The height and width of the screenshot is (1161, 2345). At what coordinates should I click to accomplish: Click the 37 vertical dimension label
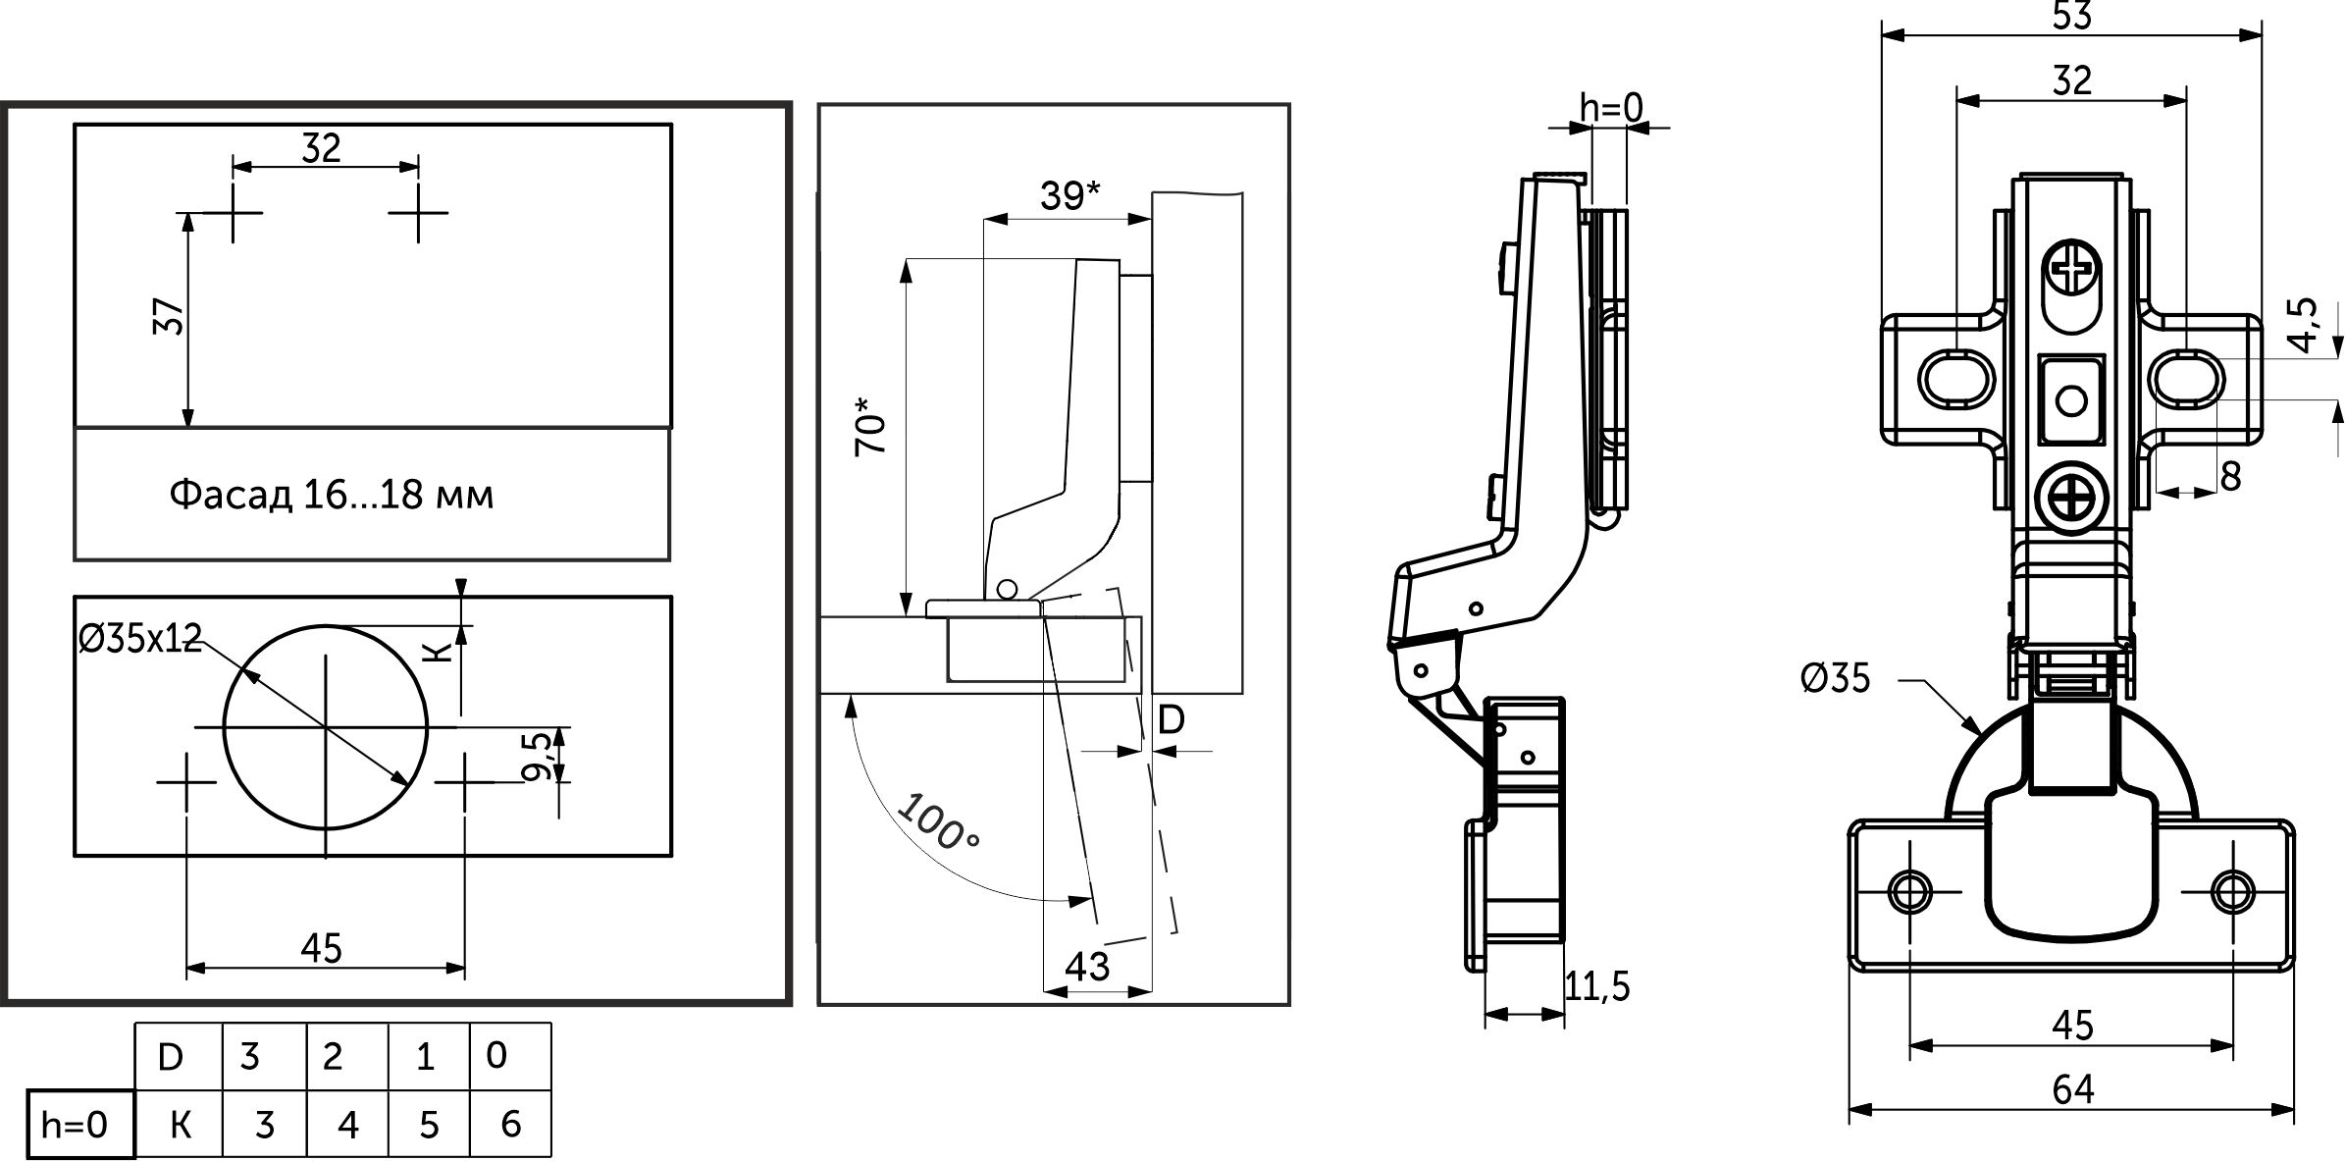tap(170, 316)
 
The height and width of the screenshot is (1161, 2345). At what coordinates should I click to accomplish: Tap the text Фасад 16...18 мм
tap(331, 495)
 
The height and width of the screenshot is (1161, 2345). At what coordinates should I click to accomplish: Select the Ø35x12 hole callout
tap(139, 639)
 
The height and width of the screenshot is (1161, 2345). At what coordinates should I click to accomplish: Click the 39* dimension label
tap(1069, 196)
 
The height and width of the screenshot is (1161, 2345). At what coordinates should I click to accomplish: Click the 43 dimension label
tap(1086, 967)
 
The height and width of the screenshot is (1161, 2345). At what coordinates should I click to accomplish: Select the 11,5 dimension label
tap(1596, 986)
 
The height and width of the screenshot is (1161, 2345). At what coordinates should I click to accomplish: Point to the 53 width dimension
tap(2071, 17)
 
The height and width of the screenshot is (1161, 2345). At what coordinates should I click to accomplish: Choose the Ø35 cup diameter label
tap(1835, 678)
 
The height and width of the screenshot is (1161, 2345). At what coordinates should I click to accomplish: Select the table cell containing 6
tap(510, 1124)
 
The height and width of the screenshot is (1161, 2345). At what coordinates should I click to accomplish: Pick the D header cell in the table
tap(171, 1057)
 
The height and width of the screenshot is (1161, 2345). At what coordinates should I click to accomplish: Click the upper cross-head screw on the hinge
tap(2071, 267)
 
